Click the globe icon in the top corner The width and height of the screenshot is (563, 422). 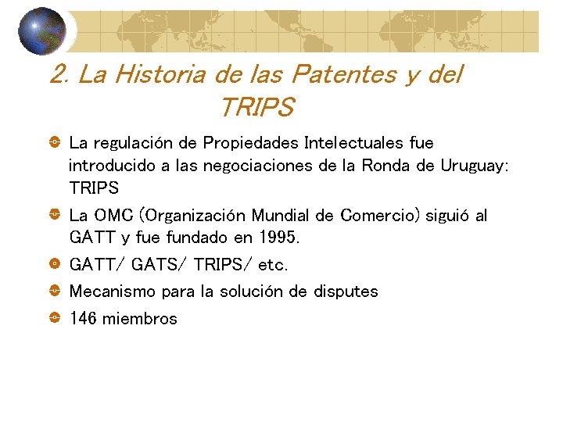coord(44,31)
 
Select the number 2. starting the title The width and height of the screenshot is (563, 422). coord(59,75)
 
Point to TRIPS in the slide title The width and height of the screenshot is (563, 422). coord(256,107)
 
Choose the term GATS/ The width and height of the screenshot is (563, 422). coord(159,265)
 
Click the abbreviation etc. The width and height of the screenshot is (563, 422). coord(273,265)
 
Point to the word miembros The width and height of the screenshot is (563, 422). coord(140,319)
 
